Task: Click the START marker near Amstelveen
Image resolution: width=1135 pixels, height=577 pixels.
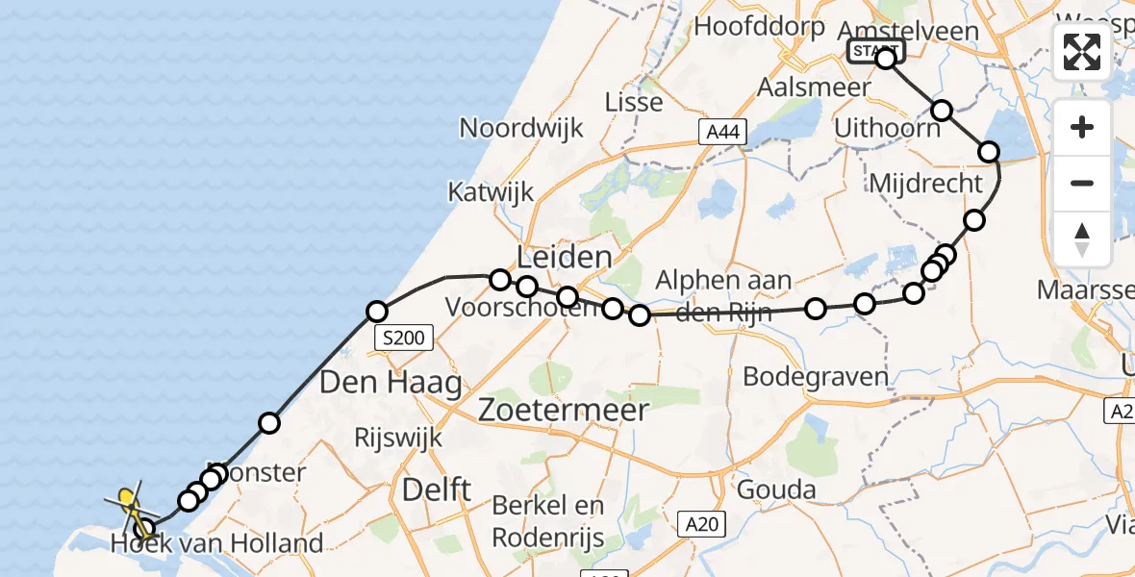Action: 875,50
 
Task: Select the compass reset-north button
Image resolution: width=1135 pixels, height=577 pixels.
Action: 1082,239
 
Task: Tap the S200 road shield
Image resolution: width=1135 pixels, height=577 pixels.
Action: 404,338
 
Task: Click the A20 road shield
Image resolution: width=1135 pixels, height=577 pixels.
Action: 703,524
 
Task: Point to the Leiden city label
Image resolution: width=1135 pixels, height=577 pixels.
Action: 565,257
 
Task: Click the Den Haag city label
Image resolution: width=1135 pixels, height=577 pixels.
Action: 391,383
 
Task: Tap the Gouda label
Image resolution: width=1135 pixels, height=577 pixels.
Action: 775,489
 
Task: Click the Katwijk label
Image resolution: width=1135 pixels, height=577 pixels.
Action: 491,191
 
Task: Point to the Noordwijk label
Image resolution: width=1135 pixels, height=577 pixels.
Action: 521,127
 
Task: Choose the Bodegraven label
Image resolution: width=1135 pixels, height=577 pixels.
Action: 816,376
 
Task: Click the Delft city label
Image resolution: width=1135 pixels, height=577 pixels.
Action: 437,489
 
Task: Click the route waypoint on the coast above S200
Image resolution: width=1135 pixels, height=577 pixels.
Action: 377,312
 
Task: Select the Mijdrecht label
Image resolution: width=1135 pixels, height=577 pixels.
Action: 926,182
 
